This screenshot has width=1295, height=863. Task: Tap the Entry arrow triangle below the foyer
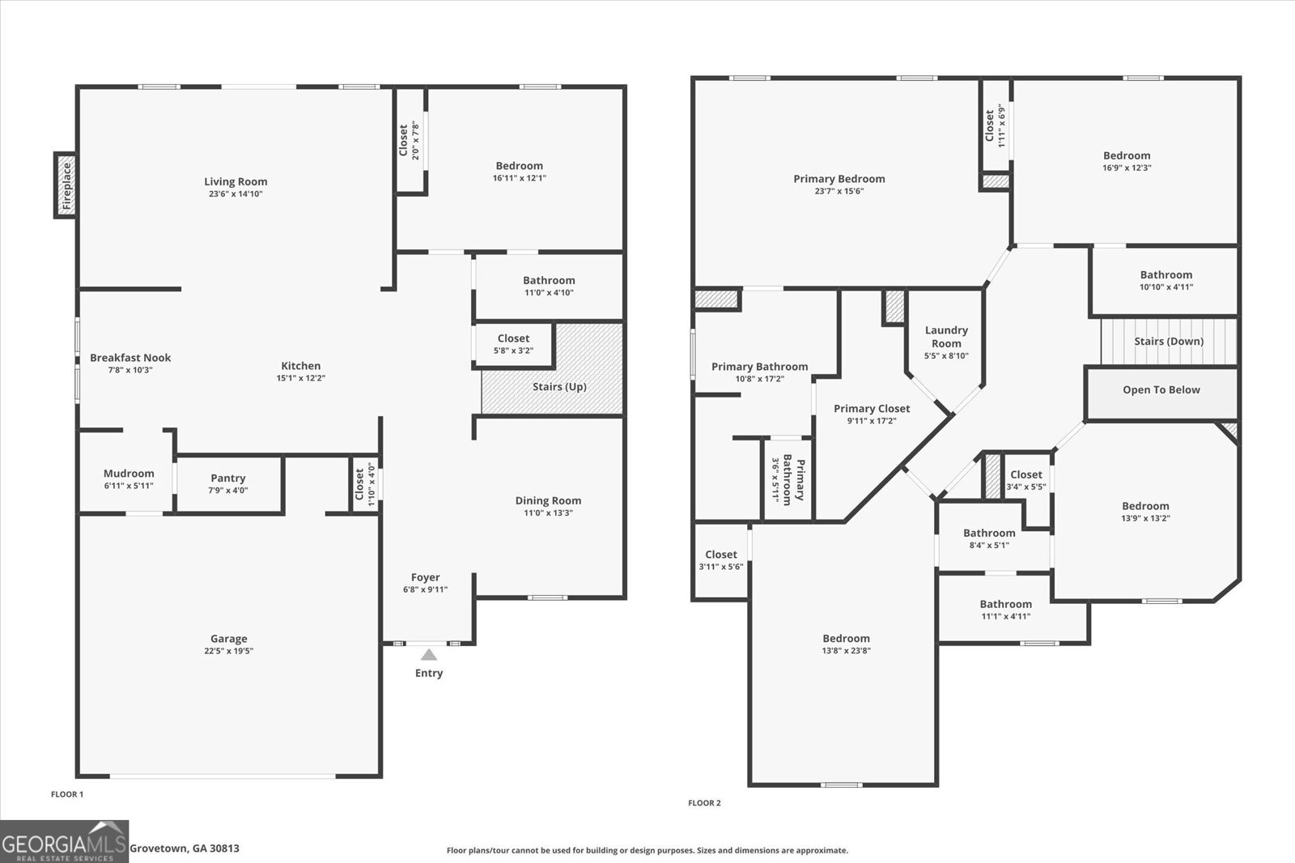point(429,655)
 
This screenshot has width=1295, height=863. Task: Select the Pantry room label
point(228,478)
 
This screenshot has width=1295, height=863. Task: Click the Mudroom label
point(129,474)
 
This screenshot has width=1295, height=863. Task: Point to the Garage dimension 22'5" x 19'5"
point(229,651)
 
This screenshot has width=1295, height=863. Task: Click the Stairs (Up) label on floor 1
point(559,387)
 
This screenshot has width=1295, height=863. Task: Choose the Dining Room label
point(548,500)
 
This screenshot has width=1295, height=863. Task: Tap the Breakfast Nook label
point(130,358)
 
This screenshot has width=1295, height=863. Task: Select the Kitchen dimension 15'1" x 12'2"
point(300,378)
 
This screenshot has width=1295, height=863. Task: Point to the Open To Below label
point(1161,390)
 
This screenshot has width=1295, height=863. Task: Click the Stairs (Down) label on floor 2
point(1168,342)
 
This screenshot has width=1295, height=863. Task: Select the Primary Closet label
point(872,409)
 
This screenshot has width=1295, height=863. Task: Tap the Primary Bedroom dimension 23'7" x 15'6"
point(839,191)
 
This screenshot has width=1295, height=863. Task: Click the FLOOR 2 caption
point(704,803)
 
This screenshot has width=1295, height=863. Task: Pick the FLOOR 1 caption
point(67,794)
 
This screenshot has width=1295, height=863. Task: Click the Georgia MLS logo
point(64,841)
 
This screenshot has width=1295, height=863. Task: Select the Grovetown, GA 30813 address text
point(185,848)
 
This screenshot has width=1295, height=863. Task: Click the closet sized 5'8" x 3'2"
point(513,344)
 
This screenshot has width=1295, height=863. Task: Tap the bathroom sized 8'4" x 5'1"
point(989,538)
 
